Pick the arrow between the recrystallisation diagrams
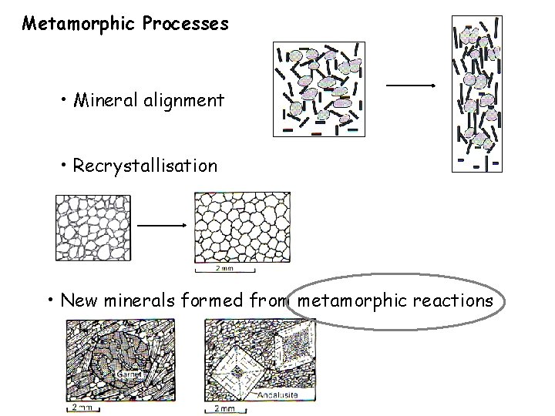click(x=161, y=225)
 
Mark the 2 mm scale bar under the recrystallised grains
click(x=224, y=269)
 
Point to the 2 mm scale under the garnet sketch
click(x=80, y=408)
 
